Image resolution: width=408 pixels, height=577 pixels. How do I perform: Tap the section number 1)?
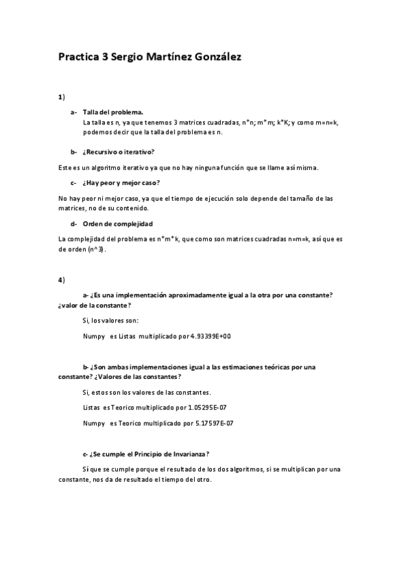click(61, 97)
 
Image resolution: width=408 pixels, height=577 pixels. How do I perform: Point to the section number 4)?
click(61, 280)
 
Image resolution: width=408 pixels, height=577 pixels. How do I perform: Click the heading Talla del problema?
click(113, 112)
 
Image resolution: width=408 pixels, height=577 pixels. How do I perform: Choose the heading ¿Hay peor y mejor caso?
click(121, 183)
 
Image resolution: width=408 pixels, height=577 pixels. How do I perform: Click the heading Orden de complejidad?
click(117, 223)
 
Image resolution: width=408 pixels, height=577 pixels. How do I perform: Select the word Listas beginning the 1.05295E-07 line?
click(91, 407)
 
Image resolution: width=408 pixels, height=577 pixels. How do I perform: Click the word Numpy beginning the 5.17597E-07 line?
click(93, 423)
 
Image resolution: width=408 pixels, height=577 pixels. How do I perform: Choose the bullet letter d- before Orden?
click(74, 223)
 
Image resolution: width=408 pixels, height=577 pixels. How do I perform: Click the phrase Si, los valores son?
click(110, 320)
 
